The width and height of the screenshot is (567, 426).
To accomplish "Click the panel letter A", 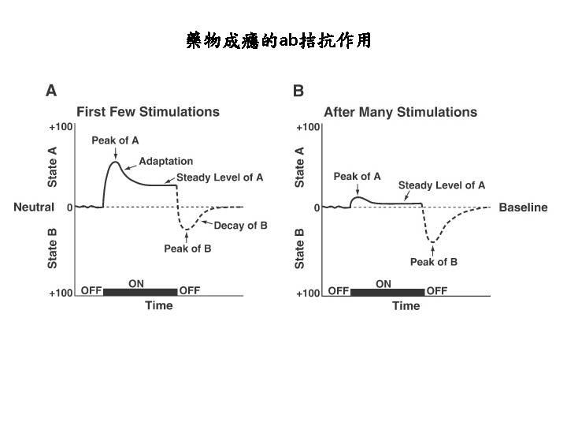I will [x=51, y=91].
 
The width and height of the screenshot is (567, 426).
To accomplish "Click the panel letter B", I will [x=298, y=91].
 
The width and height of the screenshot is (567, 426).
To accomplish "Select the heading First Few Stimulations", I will [x=147, y=112].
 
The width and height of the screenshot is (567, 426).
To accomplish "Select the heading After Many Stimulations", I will [x=400, y=112].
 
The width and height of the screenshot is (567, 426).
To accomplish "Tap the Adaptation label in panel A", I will [x=165, y=162].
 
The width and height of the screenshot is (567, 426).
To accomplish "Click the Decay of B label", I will [x=240, y=226].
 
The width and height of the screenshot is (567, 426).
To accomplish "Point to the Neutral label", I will [x=34, y=207].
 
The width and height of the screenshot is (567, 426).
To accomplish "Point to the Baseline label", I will [x=523, y=207].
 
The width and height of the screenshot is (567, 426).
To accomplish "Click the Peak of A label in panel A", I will [x=115, y=140].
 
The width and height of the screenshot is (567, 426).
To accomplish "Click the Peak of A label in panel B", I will [x=357, y=177].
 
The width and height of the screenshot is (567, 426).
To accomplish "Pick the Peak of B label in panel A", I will [x=187, y=248].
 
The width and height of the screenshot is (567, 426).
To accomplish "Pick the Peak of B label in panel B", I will [x=433, y=262].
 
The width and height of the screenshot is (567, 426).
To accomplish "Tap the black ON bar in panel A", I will [x=140, y=292].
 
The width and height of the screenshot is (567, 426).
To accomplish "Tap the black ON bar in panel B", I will [x=387, y=292].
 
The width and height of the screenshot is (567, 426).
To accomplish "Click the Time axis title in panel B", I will [x=406, y=306].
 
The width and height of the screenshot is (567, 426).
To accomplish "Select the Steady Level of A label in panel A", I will [x=220, y=177].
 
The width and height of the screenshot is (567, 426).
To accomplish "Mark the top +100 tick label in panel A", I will [x=61, y=126].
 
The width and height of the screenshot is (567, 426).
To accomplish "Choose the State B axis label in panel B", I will [x=300, y=248].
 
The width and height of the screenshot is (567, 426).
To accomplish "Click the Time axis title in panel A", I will [x=158, y=306].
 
